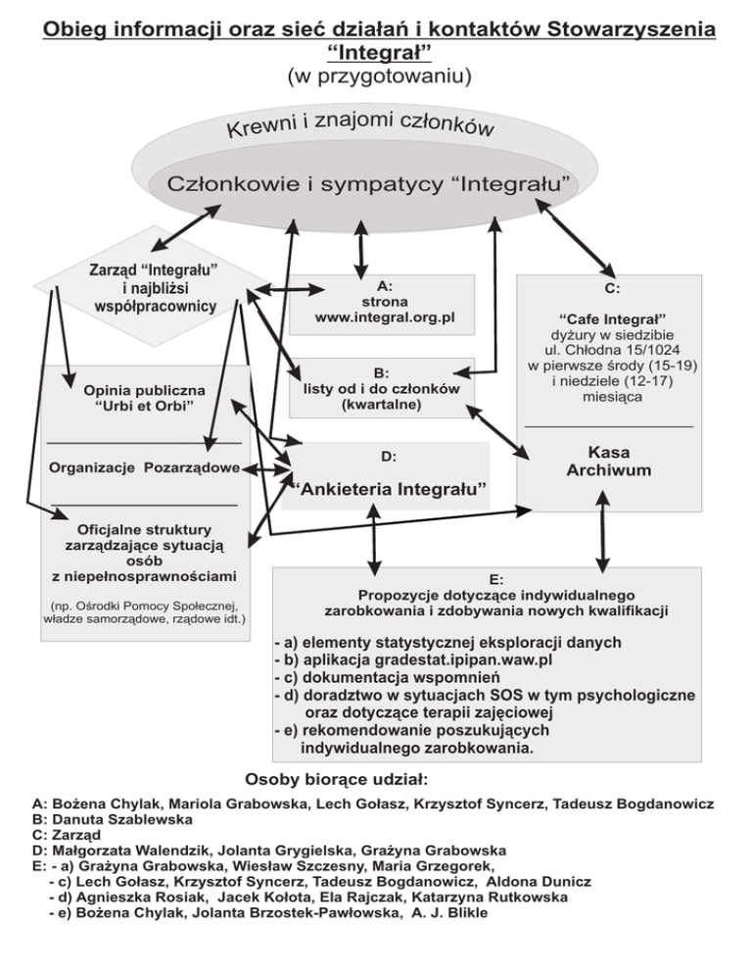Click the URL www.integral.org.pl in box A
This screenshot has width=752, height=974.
385,318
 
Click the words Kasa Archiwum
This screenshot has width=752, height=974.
608,462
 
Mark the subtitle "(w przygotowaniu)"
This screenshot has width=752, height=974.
377,74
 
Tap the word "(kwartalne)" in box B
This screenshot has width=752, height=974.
382,405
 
